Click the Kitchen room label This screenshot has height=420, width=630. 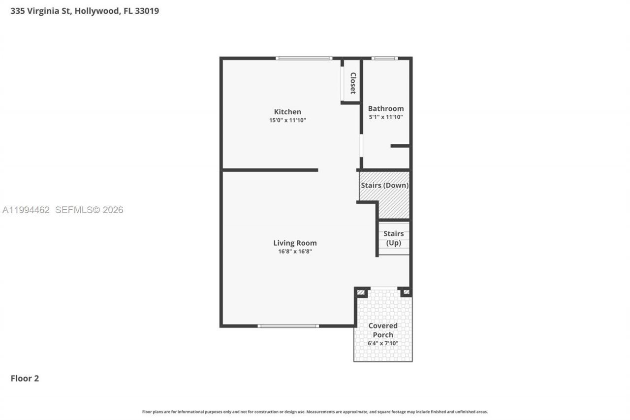(287, 112)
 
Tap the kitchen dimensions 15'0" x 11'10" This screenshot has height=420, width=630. (287, 120)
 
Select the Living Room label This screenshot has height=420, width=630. (295, 243)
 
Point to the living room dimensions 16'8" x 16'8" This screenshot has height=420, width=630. (295, 252)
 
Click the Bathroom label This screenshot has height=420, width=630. (386, 108)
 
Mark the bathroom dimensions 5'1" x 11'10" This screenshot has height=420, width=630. (386, 117)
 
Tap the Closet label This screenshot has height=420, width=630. (352, 83)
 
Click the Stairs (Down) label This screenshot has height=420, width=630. (384, 186)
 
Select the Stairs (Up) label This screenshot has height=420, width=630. (394, 238)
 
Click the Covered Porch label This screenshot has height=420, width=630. (383, 330)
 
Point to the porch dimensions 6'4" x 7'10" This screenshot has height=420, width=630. (383, 343)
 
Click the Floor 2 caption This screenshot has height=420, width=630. (25, 378)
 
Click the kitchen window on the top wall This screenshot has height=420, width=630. (304, 58)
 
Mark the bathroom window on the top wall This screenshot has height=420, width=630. (384, 58)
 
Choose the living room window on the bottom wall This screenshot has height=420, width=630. (288, 326)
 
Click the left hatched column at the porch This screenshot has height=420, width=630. (361, 292)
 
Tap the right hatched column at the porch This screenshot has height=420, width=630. (406, 292)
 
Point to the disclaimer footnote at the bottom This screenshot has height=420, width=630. (315, 412)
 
